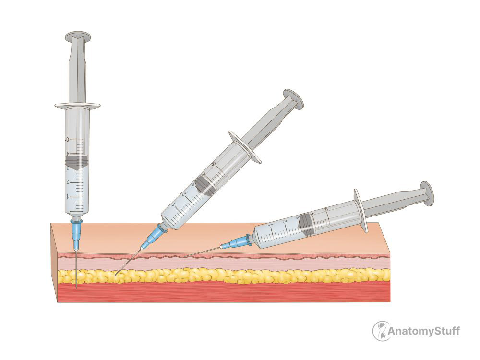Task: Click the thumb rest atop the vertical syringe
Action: [x=78, y=36]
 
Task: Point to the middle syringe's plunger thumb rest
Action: [x=293, y=98]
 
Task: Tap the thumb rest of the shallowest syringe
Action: [x=427, y=193]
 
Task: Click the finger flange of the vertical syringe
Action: [x=77, y=106]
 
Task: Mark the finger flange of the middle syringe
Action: [x=245, y=147]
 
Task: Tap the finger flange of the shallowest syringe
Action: [x=360, y=211]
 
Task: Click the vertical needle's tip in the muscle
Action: [x=76, y=288]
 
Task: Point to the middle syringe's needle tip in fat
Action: [x=115, y=275]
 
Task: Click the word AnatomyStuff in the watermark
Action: [x=424, y=331]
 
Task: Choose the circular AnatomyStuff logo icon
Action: [x=381, y=331]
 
